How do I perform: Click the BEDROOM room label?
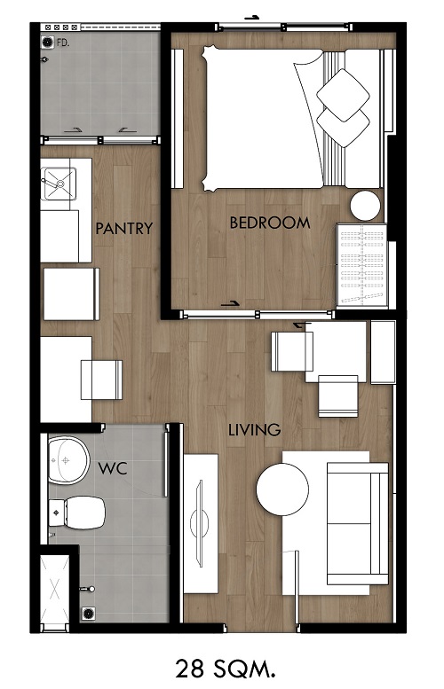270,223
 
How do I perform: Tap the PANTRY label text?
124,228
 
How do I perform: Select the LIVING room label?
254,429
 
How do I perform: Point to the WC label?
113,468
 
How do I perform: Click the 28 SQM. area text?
226,669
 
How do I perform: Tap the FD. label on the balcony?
63,43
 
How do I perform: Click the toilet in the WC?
77,513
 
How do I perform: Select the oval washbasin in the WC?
68,460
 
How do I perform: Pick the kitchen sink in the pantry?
59,184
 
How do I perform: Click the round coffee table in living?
282,489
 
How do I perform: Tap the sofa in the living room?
357,523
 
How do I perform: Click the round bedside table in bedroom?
365,206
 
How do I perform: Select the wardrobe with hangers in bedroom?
361,265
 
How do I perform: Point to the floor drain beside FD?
47,43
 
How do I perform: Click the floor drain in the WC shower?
88,613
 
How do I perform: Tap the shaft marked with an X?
54,589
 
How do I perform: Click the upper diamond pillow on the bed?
344,96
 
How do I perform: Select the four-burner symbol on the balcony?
60,27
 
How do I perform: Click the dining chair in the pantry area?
101,380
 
